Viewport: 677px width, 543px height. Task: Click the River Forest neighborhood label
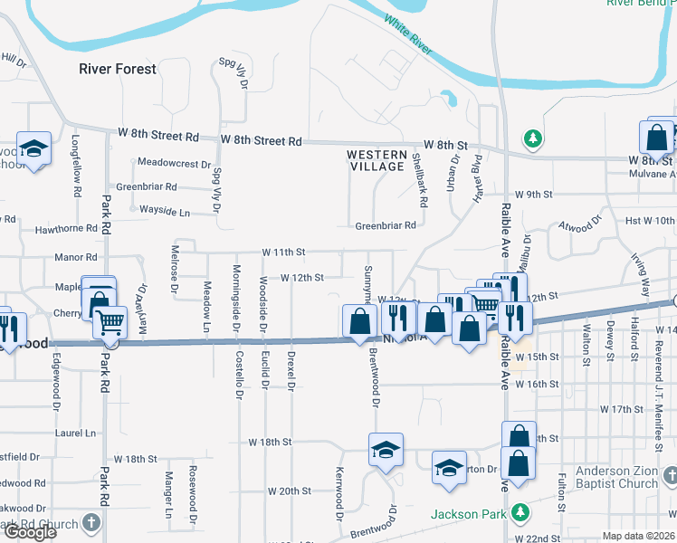pos(118,69)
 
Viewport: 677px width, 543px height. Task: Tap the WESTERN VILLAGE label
pos(377,161)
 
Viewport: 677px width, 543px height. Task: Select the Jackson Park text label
pos(467,514)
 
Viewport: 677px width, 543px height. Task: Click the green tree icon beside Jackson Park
pos(520,513)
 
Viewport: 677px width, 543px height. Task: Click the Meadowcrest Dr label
pos(174,164)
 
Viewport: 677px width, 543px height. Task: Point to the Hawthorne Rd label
pos(65,229)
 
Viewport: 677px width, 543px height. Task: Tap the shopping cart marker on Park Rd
pos(110,321)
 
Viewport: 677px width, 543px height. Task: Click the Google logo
pos(29,532)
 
